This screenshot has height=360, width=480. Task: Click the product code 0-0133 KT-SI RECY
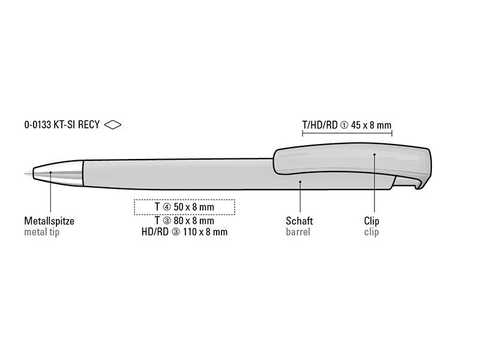point(62,125)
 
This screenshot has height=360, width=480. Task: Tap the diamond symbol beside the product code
point(113,125)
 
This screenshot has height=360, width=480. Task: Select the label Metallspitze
point(49,221)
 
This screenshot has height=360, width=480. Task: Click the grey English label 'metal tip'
point(41,232)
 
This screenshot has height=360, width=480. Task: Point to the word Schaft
point(299,221)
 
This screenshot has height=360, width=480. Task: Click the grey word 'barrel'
point(298,232)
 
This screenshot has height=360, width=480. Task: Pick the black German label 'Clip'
point(371,221)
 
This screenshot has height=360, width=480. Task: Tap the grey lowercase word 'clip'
point(371,232)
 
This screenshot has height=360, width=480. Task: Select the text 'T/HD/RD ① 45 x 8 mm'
point(347,125)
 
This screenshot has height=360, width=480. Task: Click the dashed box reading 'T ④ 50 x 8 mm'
point(185,207)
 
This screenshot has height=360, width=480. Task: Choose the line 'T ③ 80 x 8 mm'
point(184,220)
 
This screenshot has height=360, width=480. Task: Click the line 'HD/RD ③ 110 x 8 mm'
point(185,232)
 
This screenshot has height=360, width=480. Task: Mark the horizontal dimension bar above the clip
point(347,133)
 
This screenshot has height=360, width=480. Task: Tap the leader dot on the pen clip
point(374,154)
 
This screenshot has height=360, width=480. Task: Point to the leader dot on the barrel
point(301,182)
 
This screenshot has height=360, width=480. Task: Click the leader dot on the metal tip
point(50,172)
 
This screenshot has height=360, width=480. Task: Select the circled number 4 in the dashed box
point(167,207)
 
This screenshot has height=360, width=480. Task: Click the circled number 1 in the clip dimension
point(344,125)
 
